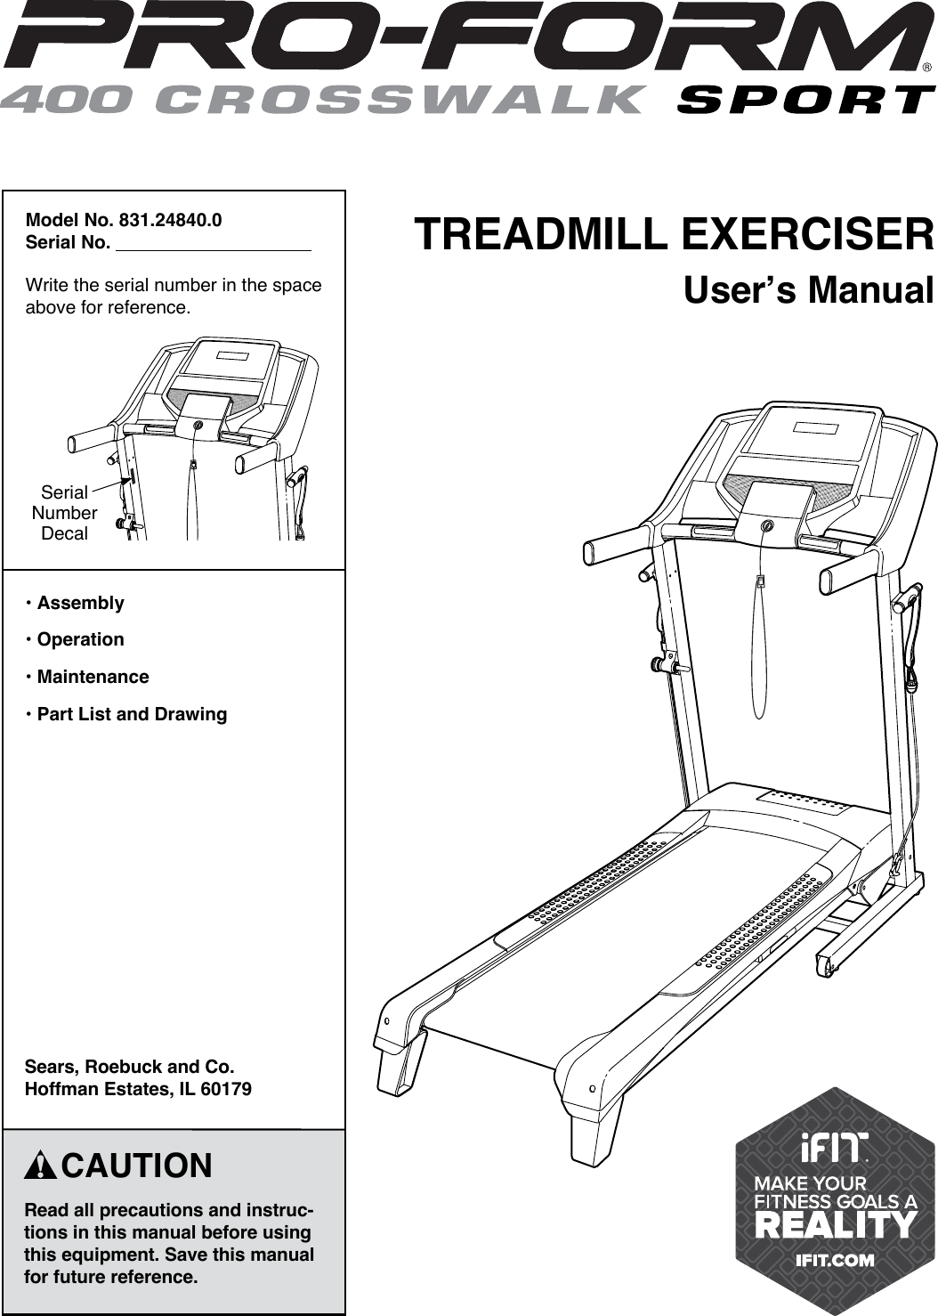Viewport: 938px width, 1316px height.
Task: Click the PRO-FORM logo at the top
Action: pos(462,38)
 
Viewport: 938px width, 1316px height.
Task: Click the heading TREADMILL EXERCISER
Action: pos(674,235)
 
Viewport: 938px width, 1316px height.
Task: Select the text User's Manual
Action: pos(808,291)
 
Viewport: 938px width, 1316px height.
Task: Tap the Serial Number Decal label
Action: pos(64,513)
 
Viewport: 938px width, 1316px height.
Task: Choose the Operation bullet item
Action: pos(80,639)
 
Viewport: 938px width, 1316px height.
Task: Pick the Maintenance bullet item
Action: pos(93,677)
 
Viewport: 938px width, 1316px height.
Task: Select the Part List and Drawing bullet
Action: pos(132,714)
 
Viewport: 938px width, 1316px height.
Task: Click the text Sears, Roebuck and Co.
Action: pos(130,1067)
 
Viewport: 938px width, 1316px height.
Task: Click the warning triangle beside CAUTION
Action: pos(42,1166)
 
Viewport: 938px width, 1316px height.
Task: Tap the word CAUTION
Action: pos(137,1166)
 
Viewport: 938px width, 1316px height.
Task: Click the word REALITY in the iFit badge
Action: pos(835,1224)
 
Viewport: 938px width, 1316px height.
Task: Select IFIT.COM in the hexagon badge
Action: pos(835,1260)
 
